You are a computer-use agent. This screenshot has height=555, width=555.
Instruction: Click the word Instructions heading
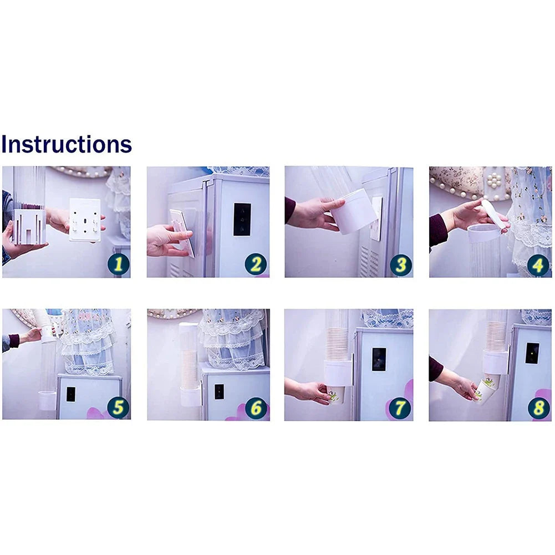pos(67,144)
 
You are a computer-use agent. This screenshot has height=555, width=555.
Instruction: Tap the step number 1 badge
pos(119,264)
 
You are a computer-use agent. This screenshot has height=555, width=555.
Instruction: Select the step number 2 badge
pos(256,264)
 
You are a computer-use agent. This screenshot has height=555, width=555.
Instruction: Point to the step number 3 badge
pos(401,265)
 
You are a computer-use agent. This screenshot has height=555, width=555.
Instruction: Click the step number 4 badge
pos(538,265)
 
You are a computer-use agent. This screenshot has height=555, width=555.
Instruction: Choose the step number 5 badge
pos(118,407)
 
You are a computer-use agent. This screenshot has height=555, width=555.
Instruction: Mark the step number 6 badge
pos(256,408)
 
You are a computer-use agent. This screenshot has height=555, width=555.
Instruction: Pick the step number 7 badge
pos(400,408)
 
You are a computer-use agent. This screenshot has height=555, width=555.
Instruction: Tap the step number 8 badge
pos(539,408)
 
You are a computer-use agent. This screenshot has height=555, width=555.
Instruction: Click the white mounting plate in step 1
pos(85,220)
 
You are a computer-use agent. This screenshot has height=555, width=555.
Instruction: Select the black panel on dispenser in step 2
pos(242,220)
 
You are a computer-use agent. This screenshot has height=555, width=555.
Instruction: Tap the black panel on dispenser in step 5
pos(71,394)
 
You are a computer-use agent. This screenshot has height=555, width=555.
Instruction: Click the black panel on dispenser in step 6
pos(219,392)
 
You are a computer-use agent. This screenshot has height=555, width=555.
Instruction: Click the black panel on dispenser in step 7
pos(379,359)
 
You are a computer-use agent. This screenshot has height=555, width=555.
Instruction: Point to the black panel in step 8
pos(532,353)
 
